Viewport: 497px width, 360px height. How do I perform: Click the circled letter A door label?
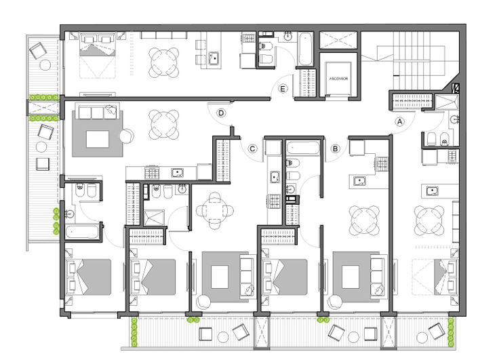[x=399, y=121]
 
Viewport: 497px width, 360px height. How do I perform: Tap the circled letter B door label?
[x=335, y=148]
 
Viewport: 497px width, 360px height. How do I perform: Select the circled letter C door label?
[x=252, y=148]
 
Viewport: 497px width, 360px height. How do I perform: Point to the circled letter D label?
[x=221, y=113]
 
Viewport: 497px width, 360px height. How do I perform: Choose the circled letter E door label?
[x=283, y=89]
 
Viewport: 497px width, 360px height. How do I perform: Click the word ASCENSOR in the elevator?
[x=338, y=79]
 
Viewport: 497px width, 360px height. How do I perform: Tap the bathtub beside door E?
[x=305, y=49]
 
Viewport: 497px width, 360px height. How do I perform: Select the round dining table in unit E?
[x=164, y=62]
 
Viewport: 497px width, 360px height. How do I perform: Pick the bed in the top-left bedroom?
[x=97, y=56]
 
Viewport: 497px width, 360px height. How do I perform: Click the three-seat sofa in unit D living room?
[x=98, y=113]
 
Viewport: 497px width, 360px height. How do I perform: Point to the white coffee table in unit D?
[x=98, y=139]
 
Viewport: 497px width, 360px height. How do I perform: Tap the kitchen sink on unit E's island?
[x=214, y=58]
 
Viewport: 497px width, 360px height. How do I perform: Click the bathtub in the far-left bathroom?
[x=82, y=232]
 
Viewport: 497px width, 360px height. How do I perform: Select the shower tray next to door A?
[x=446, y=102]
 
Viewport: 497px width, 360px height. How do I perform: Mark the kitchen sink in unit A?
[x=433, y=191]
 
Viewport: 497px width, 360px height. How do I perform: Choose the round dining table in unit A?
[x=429, y=220]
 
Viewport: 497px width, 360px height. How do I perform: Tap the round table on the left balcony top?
[x=45, y=65]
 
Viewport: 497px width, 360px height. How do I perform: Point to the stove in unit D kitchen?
[x=152, y=173]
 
